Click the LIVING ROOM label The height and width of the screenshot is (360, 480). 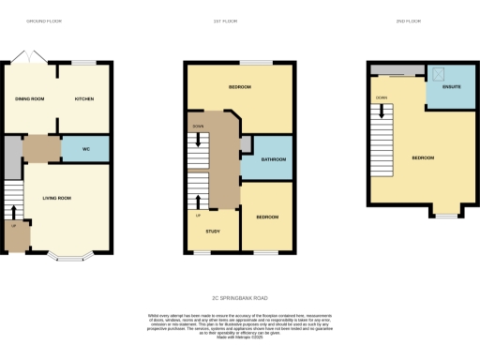[57, 198]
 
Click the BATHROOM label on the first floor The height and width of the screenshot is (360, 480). [273, 159]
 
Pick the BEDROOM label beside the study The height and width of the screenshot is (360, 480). [267, 217]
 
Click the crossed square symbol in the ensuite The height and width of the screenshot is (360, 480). [436, 72]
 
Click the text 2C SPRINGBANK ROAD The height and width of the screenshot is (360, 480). [240, 297]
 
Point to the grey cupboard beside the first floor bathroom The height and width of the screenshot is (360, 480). [245, 143]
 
